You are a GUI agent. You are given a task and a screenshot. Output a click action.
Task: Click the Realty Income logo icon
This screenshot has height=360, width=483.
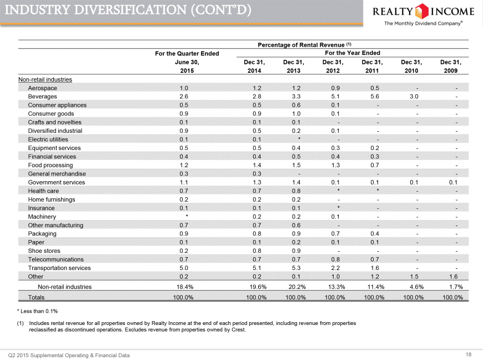pyautogui.click(x=422, y=11)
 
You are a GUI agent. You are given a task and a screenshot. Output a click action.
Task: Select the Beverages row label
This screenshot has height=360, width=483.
pyautogui.click(x=43, y=97)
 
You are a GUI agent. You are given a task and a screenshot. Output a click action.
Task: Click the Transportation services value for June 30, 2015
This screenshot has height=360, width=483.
pyautogui.click(x=184, y=268)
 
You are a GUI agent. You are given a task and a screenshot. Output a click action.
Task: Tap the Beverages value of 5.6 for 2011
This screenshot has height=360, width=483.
pyautogui.click(x=375, y=97)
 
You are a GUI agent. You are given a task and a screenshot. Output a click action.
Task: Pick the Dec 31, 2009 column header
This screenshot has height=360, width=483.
pyautogui.click(x=451, y=66)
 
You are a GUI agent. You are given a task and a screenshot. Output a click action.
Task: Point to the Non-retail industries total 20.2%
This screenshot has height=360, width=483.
pyautogui.click(x=297, y=287)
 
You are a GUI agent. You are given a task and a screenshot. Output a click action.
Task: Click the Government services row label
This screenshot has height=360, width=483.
pyautogui.click(x=57, y=182)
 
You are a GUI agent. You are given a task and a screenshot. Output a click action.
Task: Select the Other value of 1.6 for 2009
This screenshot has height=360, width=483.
pyautogui.click(x=453, y=277)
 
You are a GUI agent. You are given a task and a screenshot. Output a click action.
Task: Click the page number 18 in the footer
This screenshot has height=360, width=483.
pyautogui.click(x=469, y=354)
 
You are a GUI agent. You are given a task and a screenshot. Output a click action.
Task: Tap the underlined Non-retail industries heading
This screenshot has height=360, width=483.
pyautogui.click(x=45, y=79)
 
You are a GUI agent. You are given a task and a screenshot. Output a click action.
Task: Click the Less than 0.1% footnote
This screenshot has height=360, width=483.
pyautogui.click(x=37, y=311)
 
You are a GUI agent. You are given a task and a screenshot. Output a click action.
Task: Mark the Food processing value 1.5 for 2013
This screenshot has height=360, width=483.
pyautogui.click(x=296, y=165)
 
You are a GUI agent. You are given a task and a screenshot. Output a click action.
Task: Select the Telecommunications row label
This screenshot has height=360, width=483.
pyautogui.click(x=56, y=259)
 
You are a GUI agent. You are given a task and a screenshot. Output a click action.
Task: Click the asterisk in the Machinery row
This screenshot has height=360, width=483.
pyautogui.click(x=187, y=216)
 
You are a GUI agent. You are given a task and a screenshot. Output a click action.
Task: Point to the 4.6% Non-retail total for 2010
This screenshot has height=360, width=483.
pyautogui.click(x=416, y=287)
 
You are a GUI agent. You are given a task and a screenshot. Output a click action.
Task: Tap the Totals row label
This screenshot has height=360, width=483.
pyautogui.click(x=36, y=297)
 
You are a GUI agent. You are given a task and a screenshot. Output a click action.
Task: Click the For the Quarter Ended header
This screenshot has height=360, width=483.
pyautogui.click(x=187, y=54)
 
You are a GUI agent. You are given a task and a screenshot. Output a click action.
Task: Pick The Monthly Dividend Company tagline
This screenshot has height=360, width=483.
pyautogui.click(x=423, y=23)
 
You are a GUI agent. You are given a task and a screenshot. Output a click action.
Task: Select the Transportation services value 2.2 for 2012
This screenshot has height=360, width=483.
pyautogui.click(x=335, y=268)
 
